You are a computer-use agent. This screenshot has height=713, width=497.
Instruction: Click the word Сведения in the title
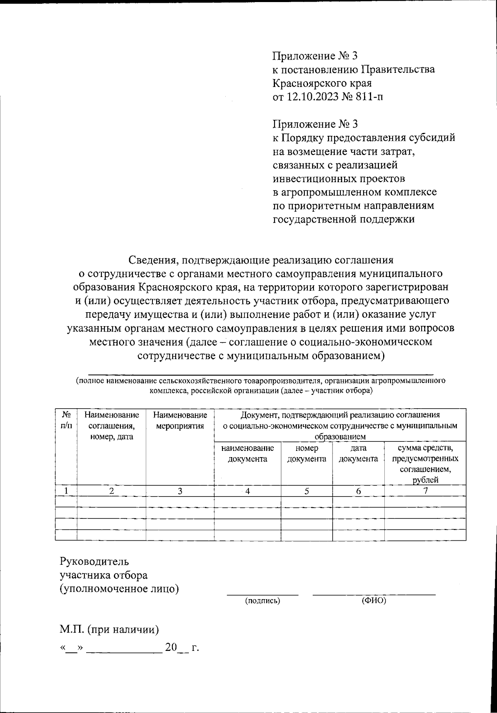coord(152,260)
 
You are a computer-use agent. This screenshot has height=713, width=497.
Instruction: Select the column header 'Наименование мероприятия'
coord(180,420)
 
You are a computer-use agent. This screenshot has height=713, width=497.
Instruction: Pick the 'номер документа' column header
coord(306,453)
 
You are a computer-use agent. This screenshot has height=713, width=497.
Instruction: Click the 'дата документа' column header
coord(358,453)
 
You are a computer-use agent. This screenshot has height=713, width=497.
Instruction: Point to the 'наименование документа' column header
coord(248,453)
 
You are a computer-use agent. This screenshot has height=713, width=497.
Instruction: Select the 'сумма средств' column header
coord(425,464)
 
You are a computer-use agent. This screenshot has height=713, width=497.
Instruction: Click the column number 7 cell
coord(425,491)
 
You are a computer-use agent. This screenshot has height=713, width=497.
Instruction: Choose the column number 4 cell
coord(248,491)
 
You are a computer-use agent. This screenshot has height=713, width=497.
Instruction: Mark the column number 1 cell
coord(66,491)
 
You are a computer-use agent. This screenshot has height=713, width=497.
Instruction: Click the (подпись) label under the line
coord(263,600)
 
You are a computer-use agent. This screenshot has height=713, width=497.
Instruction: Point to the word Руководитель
coord(94,561)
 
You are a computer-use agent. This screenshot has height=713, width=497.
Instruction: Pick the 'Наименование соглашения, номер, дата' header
coord(111,426)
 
